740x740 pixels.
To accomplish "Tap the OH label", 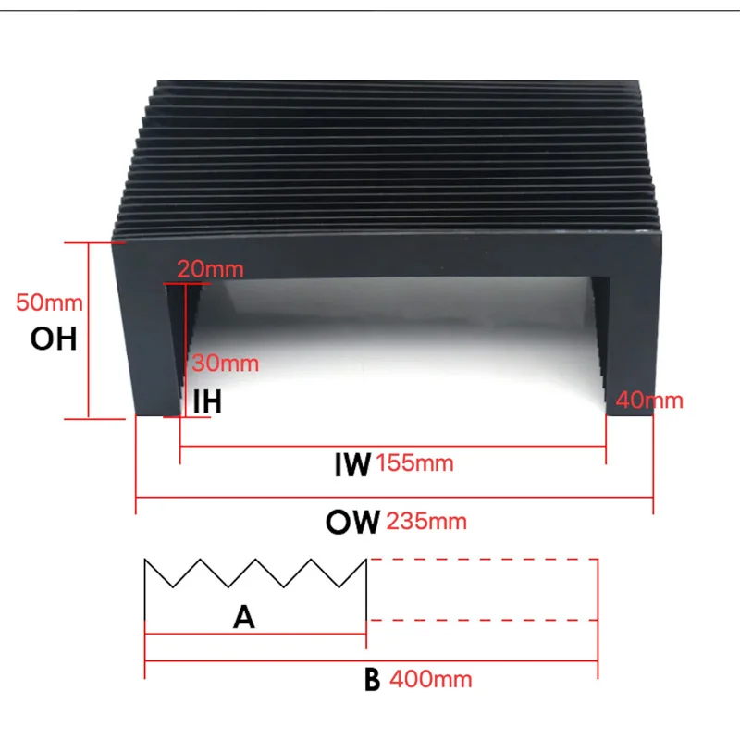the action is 54,339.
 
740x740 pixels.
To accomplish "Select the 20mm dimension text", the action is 210,270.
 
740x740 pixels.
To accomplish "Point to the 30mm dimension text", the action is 226,364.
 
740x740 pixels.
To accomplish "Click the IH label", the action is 207,401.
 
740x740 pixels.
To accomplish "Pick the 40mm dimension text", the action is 649,401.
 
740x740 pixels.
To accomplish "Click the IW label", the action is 351,463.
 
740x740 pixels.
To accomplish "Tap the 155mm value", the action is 415,463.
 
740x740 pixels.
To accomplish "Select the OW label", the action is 351,523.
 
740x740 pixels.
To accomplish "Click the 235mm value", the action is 427,522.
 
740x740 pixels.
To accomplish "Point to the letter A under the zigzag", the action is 243,618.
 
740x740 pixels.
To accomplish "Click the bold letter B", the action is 372,680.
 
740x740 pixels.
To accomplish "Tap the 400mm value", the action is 431,680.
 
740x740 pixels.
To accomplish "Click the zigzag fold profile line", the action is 254,573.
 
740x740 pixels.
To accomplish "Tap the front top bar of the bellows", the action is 388,259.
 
